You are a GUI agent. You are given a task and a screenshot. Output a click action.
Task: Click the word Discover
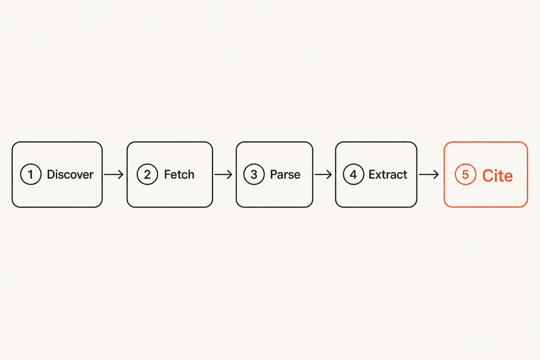pyautogui.click(x=70, y=174)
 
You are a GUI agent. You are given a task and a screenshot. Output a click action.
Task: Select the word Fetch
pyautogui.click(x=179, y=174)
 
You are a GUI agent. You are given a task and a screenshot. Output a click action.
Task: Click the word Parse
pyautogui.click(x=285, y=174)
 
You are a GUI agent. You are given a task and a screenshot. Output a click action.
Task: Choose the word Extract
pyautogui.click(x=388, y=174)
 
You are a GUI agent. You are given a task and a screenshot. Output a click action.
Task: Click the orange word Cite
pyautogui.click(x=497, y=175)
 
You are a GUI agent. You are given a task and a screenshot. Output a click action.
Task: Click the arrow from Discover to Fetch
pyautogui.click(x=114, y=174)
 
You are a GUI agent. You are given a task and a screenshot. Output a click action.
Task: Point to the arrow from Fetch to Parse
pyautogui.click(x=223, y=174)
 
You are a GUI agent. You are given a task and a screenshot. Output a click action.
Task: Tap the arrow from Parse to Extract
pyautogui.click(x=323, y=174)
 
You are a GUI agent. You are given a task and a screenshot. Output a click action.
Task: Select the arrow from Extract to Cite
pyautogui.click(x=429, y=174)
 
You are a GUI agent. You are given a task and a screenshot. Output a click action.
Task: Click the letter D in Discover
pyautogui.click(x=51, y=174)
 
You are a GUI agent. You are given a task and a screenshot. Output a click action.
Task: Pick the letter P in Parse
pyautogui.click(x=274, y=174)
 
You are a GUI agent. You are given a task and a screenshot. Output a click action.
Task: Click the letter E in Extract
pyautogui.click(x=372, y=174)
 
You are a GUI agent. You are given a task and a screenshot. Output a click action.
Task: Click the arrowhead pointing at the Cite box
pyautogui.click(x=436, y=174)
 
